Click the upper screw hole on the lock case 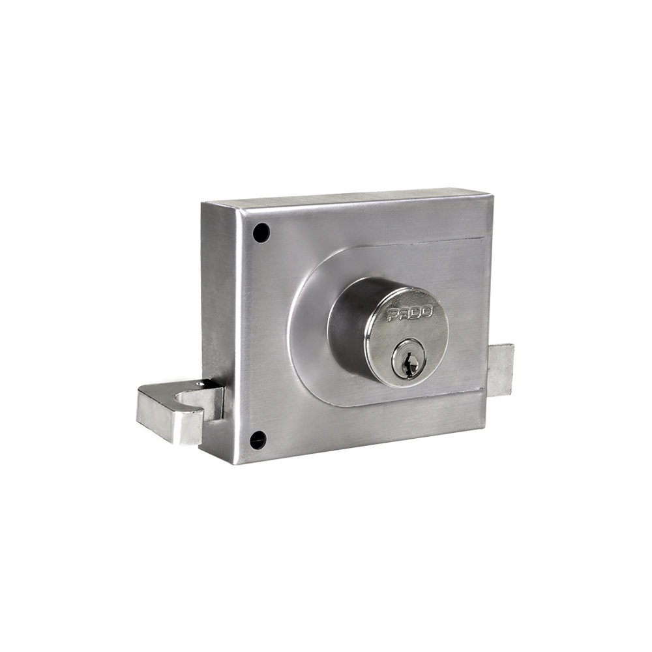(x=261, y=233)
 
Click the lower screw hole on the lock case (x=258, y=440)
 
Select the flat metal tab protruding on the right (x=501, y=370)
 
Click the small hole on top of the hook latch (x=201, y=384)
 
